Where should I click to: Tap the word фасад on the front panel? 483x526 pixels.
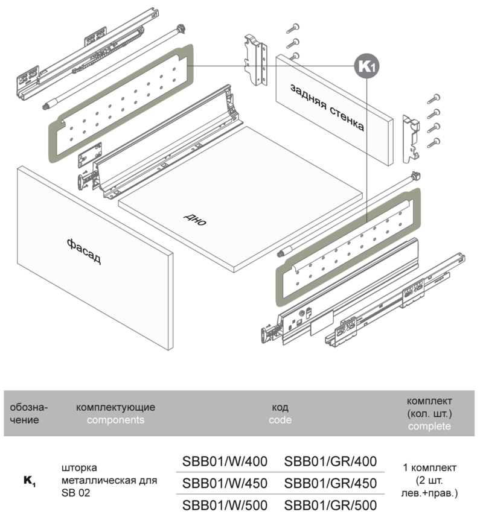(84, 251)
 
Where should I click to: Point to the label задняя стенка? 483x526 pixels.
(327, 107)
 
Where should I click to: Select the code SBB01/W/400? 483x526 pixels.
(225, 461)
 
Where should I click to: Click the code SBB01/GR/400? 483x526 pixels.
(330, 461)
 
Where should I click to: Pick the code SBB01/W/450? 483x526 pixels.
(225, 483)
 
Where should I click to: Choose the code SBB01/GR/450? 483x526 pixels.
(330, 483)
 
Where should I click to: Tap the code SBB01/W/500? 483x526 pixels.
(225, 505)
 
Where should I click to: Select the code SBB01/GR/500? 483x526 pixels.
(330, 505)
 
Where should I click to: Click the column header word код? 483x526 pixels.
(280, 407)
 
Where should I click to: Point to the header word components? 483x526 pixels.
(115, 420)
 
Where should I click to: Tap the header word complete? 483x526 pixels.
(429, 426)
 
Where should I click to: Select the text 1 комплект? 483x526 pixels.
(429, 467)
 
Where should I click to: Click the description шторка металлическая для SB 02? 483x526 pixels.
(109, 481)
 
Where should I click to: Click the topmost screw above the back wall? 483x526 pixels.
(295, 27)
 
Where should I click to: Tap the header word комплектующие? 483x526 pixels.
(115, 407)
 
